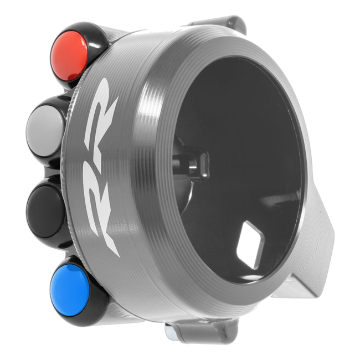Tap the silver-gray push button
click(x=45, y=130)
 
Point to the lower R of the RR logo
click(x=102, y=204)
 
